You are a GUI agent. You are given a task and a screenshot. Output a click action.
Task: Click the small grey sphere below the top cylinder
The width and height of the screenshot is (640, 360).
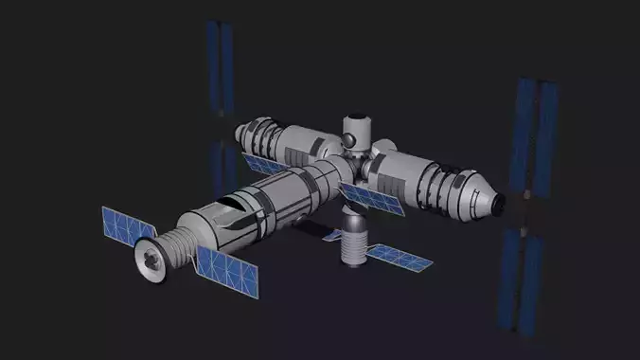coord(351,141)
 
